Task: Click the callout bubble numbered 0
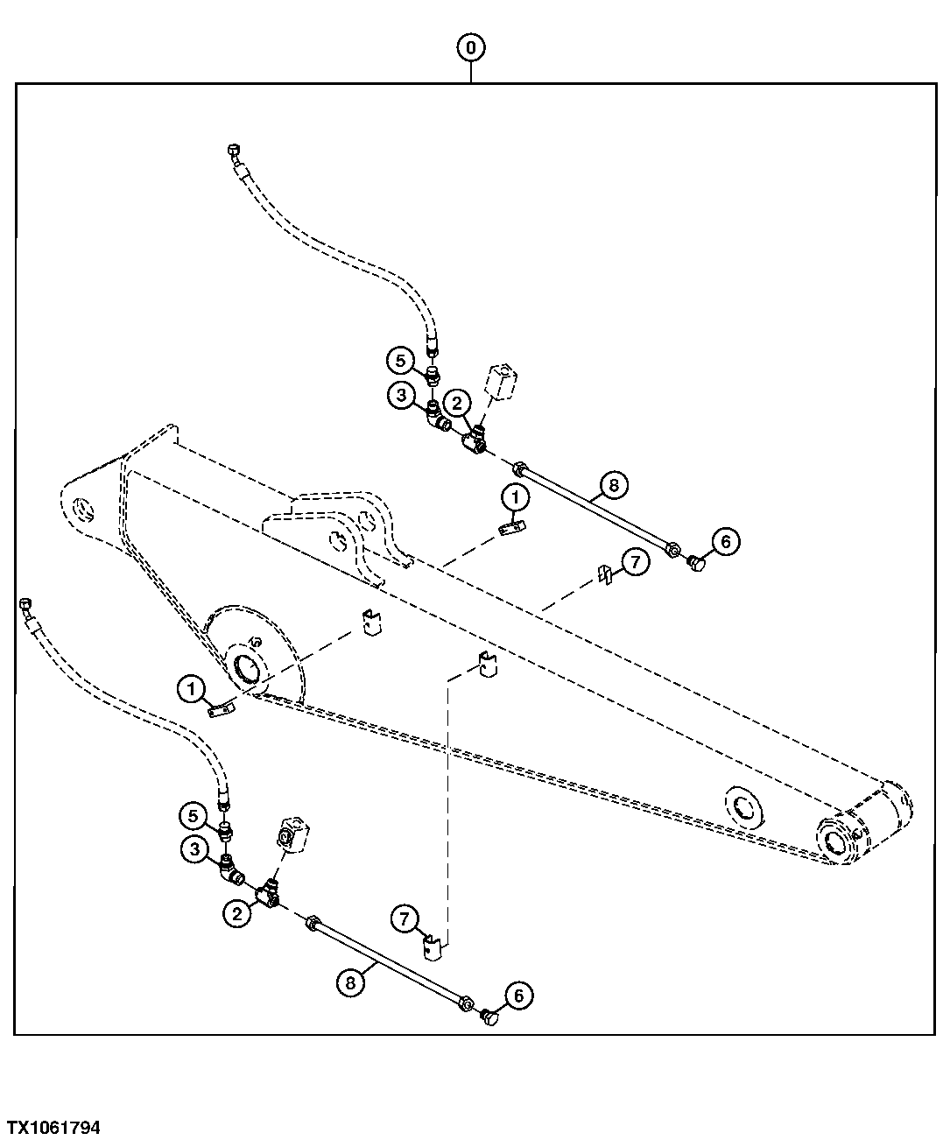point(471,47)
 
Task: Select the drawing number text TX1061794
point(53,1127)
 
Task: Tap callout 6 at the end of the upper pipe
point(726,542)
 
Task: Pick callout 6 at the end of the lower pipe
point(518,996)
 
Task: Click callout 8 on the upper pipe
point(613,484)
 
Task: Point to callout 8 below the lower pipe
point(350,982)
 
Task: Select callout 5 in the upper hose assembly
point(399,359)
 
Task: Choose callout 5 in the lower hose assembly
point(193,816)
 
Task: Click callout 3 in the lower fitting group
point(194,848)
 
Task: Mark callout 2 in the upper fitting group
point(456,404)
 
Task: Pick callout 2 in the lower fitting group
point(236,914)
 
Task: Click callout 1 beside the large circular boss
point(190,689)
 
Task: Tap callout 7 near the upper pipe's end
point(635,561)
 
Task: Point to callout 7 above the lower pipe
point(404,918)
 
